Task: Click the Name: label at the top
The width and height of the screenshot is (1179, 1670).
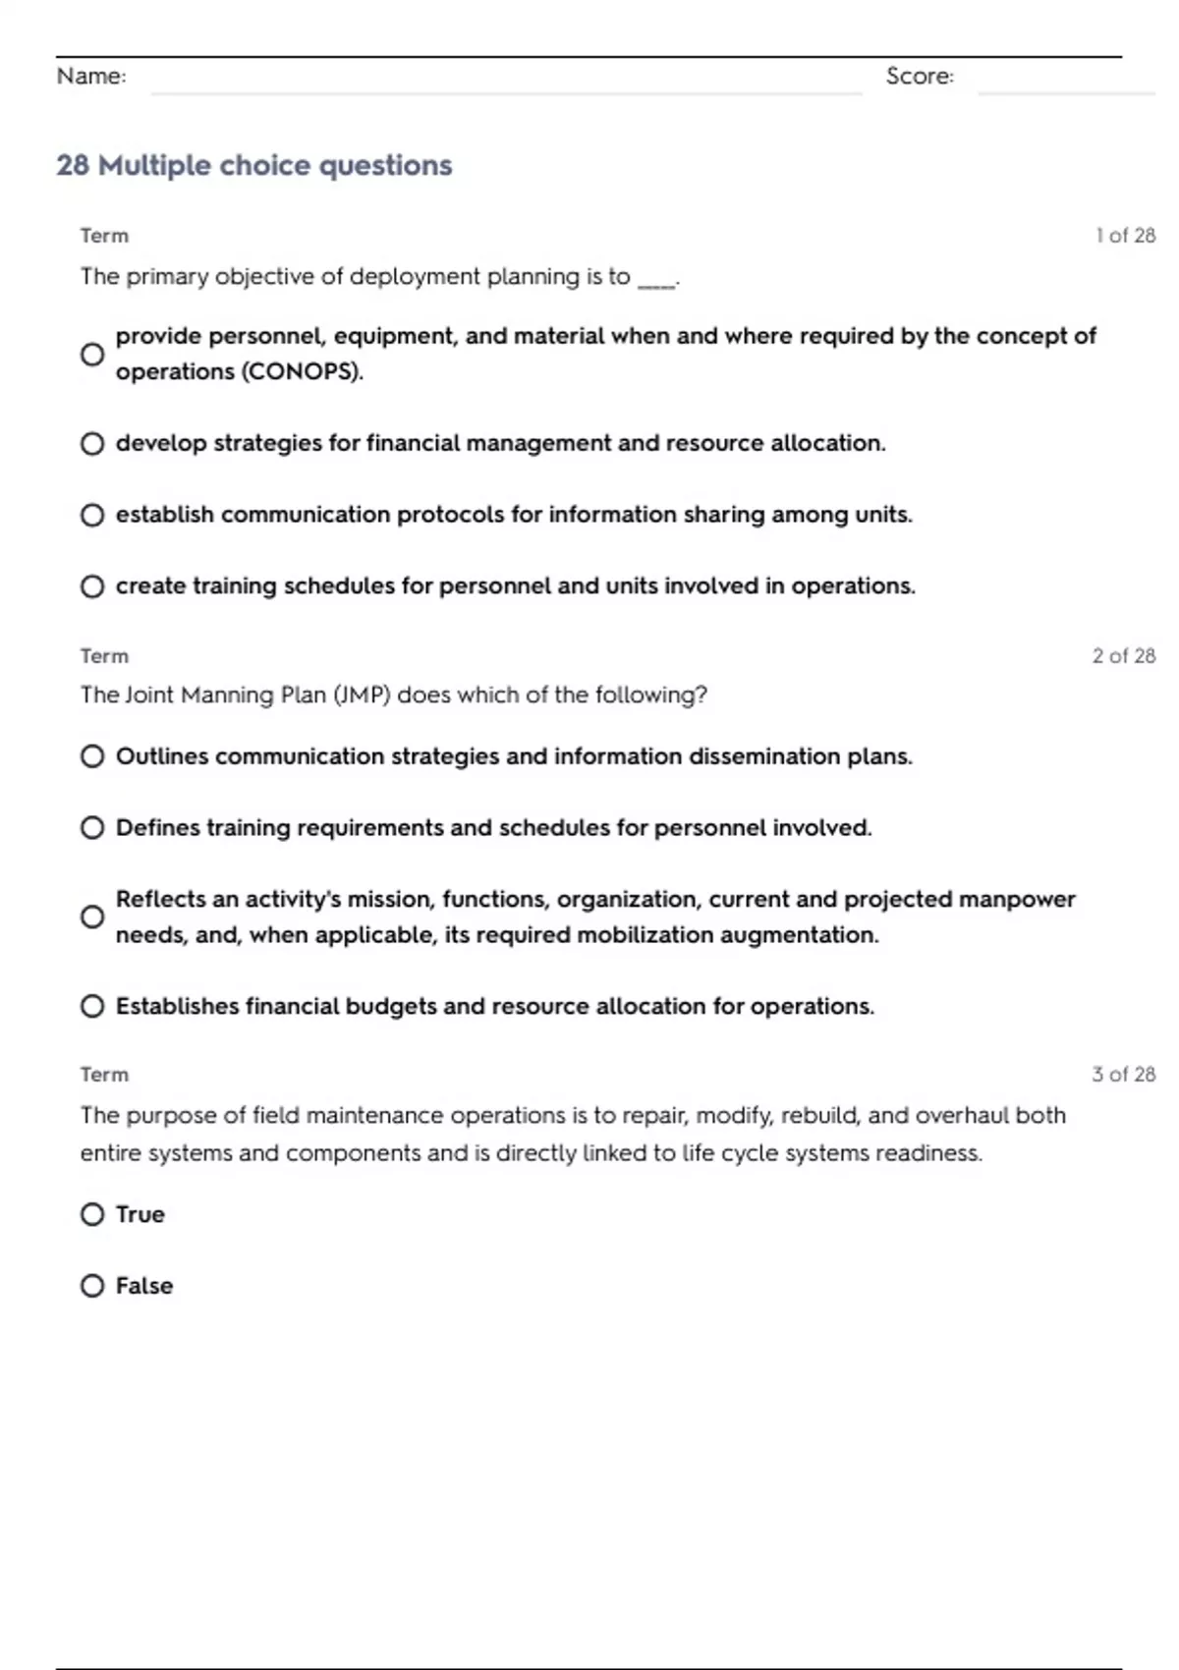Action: click(91, 76)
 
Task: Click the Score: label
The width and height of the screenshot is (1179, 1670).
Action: click(919, 76)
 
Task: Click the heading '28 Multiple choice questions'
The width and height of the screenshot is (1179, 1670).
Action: click(253, 165)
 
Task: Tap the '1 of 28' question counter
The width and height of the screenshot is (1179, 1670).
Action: click(1125, 236)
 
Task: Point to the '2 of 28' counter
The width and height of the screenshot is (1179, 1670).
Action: click(1123, 655)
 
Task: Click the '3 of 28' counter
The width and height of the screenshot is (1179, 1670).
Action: click(1123, 1074)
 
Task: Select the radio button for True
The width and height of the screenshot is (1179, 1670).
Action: click(92, 1214)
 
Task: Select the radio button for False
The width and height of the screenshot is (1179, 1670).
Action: click(92, 1286)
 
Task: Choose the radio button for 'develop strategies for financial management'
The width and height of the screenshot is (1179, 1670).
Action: click(92, 444)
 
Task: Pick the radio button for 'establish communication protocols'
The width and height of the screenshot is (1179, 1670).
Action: click(92, 515)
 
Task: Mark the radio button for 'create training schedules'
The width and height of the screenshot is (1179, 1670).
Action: click(92, 586)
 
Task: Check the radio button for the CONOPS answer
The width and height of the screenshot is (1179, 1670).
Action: click(92, 355)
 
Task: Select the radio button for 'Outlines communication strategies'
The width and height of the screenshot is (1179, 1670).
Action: click(92, 756)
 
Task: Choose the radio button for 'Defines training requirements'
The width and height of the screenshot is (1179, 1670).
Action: click(92, 828)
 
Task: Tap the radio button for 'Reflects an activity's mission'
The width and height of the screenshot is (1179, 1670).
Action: click(92, 917)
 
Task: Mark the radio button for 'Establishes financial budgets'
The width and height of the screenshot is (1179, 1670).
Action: click(92, 1006)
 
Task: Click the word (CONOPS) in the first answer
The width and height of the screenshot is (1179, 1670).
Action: click(301, 372)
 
